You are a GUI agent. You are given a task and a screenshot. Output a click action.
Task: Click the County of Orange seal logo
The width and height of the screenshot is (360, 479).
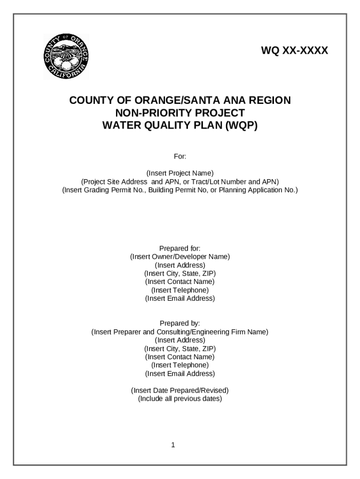click(66, 57)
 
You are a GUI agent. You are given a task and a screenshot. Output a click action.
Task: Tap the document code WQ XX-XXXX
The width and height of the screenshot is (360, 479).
click(295, 51)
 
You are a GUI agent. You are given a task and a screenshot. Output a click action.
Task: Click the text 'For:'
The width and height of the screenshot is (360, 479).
click(180, 156)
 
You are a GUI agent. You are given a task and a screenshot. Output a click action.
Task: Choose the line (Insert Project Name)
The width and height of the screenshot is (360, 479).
click(180, 173)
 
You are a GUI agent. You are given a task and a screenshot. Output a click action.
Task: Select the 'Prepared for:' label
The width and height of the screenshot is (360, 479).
click(180, 248)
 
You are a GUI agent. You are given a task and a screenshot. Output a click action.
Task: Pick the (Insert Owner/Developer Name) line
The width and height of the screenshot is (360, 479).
click(180, 257)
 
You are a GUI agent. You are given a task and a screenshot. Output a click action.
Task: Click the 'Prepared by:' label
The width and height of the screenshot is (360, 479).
click(180, 323)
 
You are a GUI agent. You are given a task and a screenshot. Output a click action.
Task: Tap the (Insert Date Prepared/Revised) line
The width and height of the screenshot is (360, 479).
click(180, 390)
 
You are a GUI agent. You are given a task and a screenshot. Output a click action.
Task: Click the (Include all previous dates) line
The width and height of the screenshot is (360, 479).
click(180, 399)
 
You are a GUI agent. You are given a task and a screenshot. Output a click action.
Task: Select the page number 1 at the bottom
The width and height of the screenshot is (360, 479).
click(173, 445)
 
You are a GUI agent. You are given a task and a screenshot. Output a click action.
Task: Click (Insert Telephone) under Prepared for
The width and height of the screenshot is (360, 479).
click(180, 290)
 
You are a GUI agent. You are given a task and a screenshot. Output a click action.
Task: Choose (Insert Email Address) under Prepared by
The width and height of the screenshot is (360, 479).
click(180, 373)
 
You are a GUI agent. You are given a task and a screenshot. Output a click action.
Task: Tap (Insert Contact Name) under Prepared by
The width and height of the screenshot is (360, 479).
click(180, 357)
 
